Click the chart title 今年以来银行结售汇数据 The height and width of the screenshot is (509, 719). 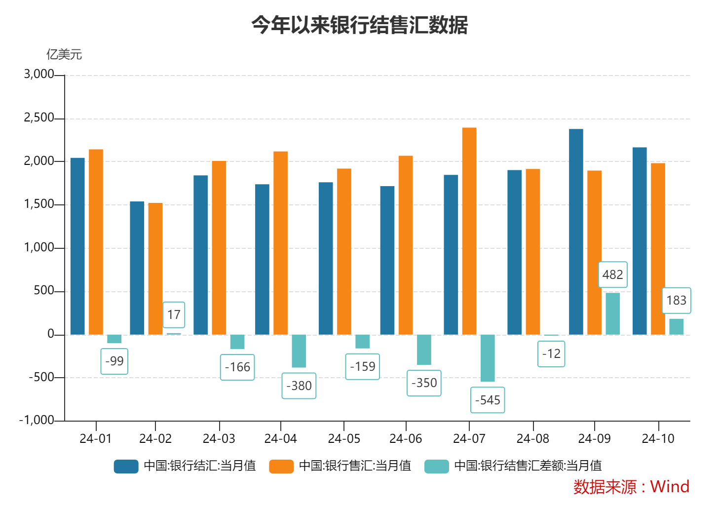click(x=359, y=25)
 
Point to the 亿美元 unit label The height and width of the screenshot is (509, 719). click(x=64, y=54)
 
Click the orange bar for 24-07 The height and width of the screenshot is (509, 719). click(x=469, y=231)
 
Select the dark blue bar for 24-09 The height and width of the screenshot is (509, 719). click(x=576, y=232)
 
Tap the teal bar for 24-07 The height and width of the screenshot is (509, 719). click(x=488, y=358)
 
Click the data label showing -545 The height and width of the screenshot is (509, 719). click(x=488, y=400)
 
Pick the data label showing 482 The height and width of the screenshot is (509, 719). click(x=612, y=274)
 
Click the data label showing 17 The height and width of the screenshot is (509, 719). click(x=174, y=314)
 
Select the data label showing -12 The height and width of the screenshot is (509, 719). click(x=551, y=354)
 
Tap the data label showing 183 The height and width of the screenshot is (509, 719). click(x=676, y=300)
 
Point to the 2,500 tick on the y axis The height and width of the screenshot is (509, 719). click(x=39, y=118)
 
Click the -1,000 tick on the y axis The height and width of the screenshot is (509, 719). click(x=37, y=420)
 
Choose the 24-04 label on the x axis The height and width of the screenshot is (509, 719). click(x=280, y=438)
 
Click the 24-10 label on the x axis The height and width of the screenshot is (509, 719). click(x=658, y=438)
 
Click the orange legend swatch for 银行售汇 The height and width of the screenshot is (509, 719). click(x=281, y=466)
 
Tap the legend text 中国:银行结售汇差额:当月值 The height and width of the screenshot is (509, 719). click(x=528, y=466)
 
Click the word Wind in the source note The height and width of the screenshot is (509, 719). click(x=670, y=487)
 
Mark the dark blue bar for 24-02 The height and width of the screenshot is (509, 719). click(x=137, y=268)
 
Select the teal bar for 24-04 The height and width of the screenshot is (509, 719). click(x=299, y=351)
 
